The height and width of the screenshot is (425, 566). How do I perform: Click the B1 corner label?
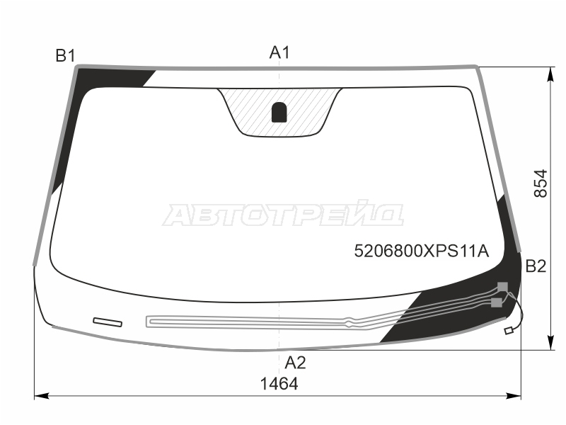pos(65,56)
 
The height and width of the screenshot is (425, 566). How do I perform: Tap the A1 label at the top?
pos(279,52)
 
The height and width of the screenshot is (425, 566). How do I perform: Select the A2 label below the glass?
pos(295,363)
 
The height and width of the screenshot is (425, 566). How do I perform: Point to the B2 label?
pos(536,266)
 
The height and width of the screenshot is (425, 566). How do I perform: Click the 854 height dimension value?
pos(541,183)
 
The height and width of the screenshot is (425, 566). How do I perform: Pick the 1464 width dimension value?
pos(279,384)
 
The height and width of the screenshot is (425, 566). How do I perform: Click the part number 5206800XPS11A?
pos(421,251)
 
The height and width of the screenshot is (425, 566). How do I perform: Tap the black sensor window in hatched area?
pos(279,113)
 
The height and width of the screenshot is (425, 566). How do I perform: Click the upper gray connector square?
pos(502,287)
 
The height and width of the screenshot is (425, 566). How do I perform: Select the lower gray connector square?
pos(497,302)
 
